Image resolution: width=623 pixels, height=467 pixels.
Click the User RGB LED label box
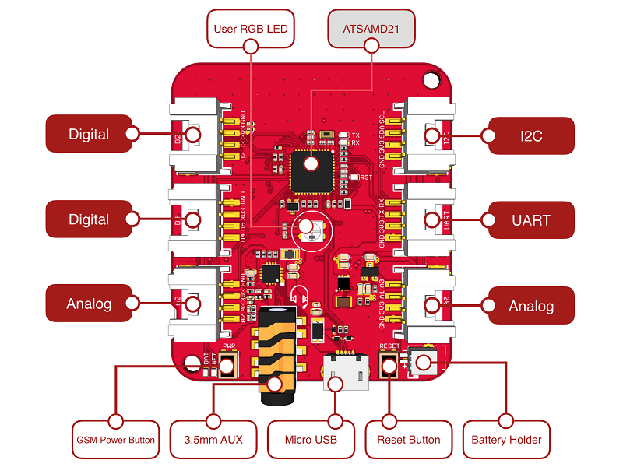pyautogui.click(x=251, y=30)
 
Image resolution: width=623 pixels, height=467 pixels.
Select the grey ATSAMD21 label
pyautogui.click(x=371, y=30)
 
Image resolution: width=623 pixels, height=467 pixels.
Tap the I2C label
pyautogui.click(x=530, y=135)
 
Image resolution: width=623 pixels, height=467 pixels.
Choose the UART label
pyautogui.click(x=530, y=220)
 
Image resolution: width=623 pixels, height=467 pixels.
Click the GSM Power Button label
pyautogui.click(x=115, y=440)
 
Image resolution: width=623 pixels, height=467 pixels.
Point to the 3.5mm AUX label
pyautogui.click(x=213, y=440)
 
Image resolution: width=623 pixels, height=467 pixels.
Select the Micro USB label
pyautogui.click(x=311, y=440)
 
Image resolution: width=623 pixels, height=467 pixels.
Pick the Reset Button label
pyautogui.click(x=410, y=440)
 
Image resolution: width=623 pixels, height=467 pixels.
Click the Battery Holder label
pyautogui.click(x=507, y=440)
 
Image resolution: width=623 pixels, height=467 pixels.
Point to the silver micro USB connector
pyautogui.click(x=345, y=372)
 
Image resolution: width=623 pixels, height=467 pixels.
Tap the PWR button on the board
pyautogui.click(x=229, y=363)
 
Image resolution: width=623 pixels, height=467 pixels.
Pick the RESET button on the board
pyautogui.click(x=389, y=364)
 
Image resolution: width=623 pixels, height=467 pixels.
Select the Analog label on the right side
pyautogui.click(x=530, y=306)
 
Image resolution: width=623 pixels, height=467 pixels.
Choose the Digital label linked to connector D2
pyautogui.click(x=89, y=135)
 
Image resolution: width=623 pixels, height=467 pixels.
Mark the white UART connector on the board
pyautogui.click(x=429, y=219)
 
